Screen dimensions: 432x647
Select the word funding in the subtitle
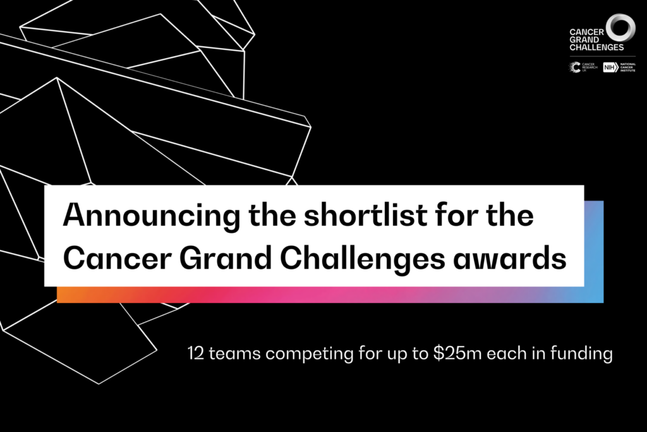click(x=584, y=354)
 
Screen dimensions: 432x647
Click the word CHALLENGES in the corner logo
click(x=596, y=47)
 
